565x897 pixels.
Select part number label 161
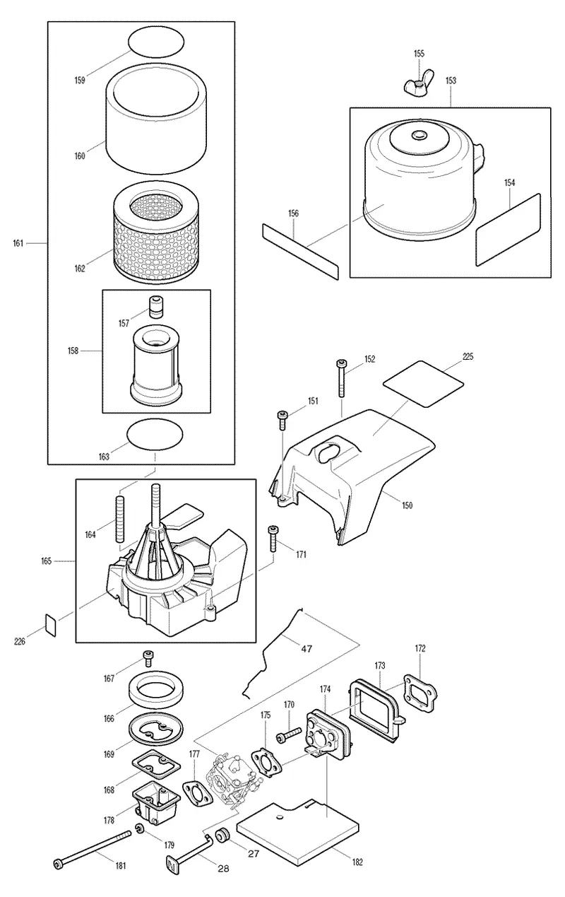tap(18, 243)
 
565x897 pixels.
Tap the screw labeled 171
tap(273, 539)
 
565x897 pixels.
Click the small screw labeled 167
tap(148, 658)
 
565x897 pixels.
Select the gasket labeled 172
tap(420, 693)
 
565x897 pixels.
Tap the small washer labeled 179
tap(140, 828)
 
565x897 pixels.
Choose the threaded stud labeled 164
tap(119, 519)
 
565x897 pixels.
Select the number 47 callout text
tap(307, 648)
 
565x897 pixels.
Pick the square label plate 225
tap(423, 383)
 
